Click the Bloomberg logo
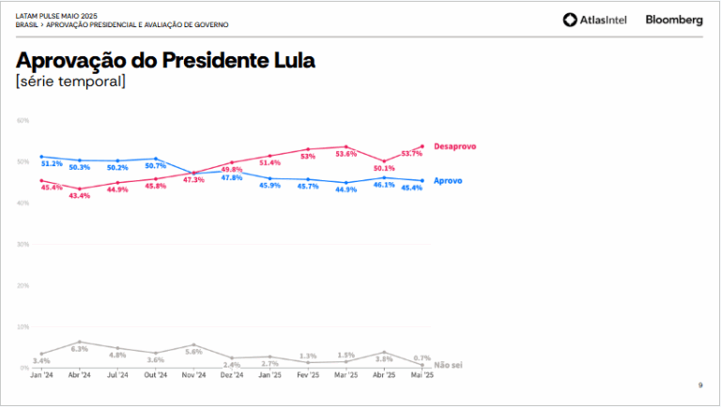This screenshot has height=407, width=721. (x=674, y=20)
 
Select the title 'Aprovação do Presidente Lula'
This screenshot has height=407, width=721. (x=165, y=61)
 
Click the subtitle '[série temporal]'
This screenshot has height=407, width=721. (x=70, y=83)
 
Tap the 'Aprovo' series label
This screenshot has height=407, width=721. (x=448, y=180)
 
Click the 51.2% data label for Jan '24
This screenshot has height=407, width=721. (x=52, y=164)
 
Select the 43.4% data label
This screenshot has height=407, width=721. (x=79, y=196)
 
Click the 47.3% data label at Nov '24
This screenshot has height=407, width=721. (x=193, y=180)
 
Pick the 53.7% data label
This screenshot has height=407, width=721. (x=411, y=154)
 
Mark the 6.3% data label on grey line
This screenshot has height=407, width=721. (x=80, y=349)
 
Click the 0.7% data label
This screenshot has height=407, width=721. (x=422, y=358)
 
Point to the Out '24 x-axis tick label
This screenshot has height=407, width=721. (x=156, y=375)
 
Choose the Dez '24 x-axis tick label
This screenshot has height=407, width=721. (x=232, y=375)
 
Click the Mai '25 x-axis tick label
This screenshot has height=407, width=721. (x=422, y=375)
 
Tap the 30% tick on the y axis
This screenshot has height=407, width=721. (x=23, y=245)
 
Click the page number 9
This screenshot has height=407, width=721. (x=699, y=385)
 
